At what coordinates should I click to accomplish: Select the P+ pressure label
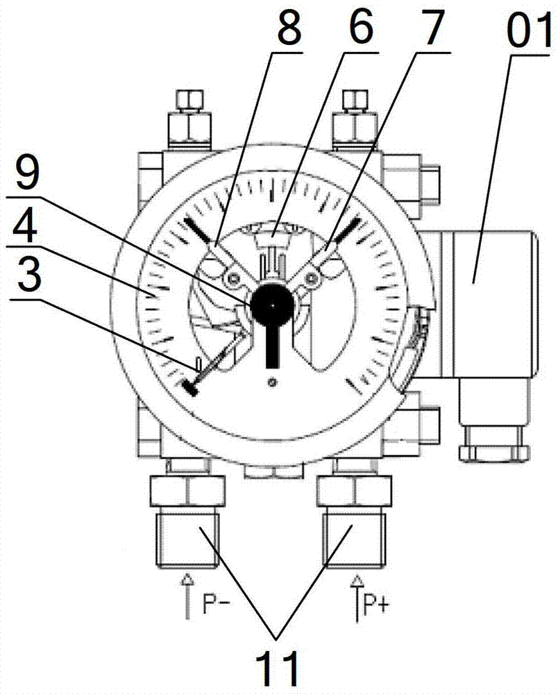[x=375, y=604]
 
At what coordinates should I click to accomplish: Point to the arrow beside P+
[x=356, y=598]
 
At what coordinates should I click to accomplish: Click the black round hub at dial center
[x=271, y=305]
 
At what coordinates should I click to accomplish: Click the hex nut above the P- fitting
[x=187, y=491]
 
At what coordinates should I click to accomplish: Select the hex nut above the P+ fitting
[x=354, y=491]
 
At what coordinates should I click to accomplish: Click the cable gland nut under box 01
[x=493, y=453]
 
